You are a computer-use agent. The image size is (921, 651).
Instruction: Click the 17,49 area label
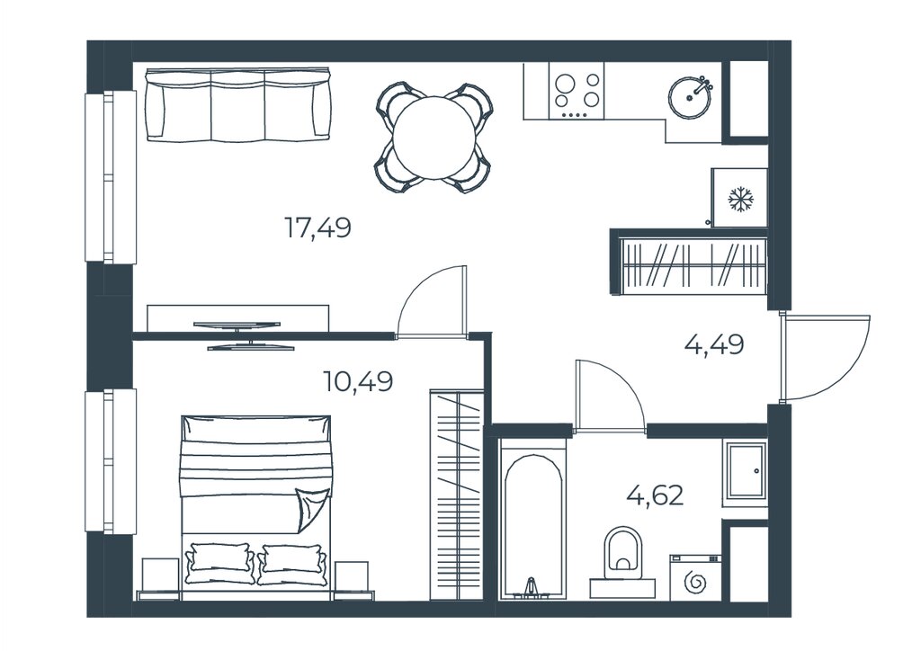click(x=317, y=227)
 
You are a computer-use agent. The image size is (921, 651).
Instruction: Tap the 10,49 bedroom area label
click(x=358, y=381)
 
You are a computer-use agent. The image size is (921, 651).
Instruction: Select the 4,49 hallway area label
click(x=714, y=344)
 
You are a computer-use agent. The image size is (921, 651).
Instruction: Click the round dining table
click(x=434, y=138)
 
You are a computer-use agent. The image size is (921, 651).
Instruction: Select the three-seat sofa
click(x=237, y=104)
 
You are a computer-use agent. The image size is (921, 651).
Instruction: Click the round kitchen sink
click(x=690, y=97)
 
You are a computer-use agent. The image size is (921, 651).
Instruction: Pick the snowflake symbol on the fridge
click(x=740, y=199)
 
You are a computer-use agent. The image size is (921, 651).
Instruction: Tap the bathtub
click(x=532, y=519)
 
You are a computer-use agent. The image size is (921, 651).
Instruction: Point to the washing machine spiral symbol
click(x=695, y=584)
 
